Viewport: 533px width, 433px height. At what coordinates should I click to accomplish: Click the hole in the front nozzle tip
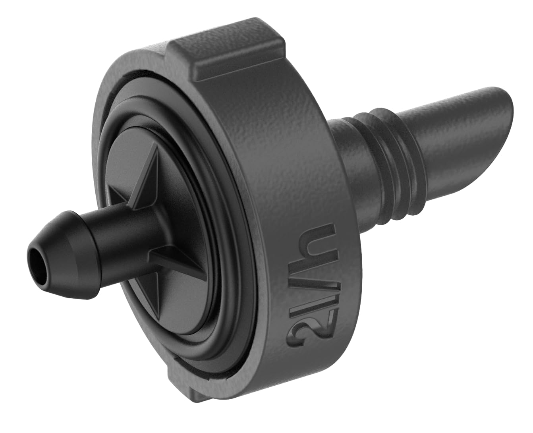38,264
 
